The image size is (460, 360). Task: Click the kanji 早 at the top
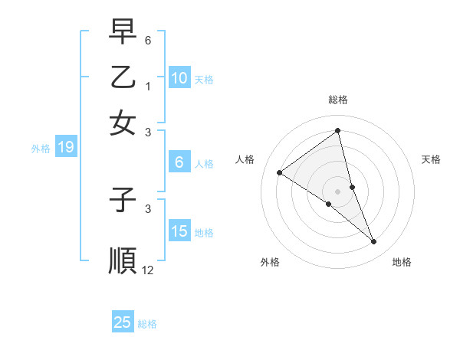(123, 32)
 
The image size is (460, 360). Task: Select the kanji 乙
(123, 77)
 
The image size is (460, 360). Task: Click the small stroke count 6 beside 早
(147, 38)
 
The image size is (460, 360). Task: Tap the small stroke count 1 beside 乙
(147, 87)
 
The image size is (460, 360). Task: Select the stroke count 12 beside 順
(148, 270)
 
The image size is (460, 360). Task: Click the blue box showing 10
(179, 77)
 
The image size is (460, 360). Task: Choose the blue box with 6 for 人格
(179, 162)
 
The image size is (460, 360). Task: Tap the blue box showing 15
(179, 231)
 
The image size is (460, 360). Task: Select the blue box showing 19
(66, 147)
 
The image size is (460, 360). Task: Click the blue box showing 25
(123, 322)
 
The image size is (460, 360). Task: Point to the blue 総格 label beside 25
(147, 324)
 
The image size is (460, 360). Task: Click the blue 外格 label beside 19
(41, 149)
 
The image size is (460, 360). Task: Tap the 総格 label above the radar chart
(338, 100)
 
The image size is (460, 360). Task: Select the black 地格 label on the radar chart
(402, 262)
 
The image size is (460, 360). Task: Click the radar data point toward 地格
(374, 242)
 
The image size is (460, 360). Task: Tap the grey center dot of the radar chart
(338, 191)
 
